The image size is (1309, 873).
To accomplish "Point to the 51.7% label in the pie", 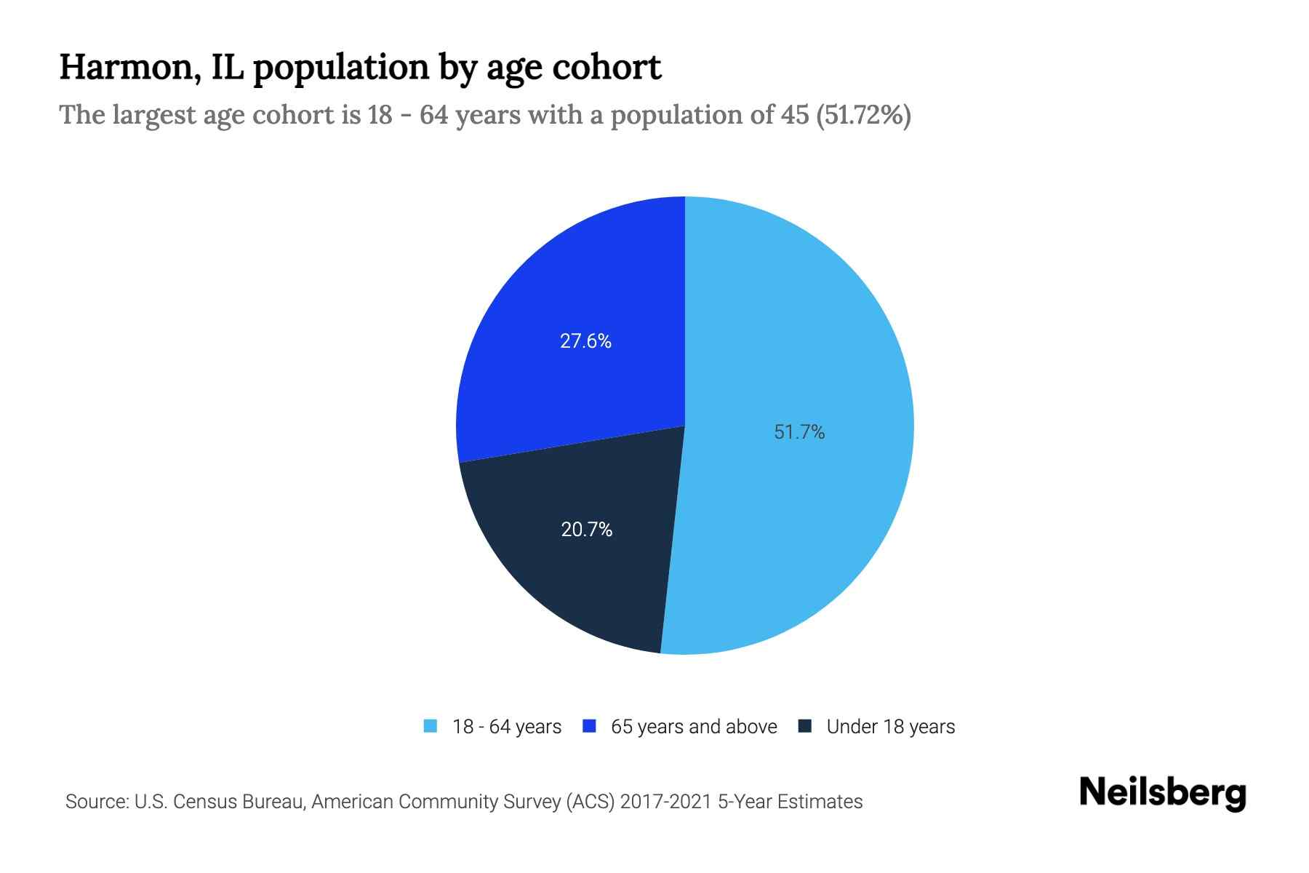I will (799, 432).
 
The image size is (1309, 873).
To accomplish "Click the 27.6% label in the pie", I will (585, 340).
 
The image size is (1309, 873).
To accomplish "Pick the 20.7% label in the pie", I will (586, 530).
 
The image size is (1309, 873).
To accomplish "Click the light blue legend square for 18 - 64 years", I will (431, 726).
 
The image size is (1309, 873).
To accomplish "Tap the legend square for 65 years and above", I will (590, 726).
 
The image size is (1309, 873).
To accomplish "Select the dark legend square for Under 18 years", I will (805, 726).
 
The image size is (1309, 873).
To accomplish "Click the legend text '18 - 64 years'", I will (507, 727).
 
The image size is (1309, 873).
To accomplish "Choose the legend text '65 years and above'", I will (694, 727).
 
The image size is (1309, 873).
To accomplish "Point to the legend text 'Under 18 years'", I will (891, 727).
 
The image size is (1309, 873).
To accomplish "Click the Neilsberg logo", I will (1163, 793).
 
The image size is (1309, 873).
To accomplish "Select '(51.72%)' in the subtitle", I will (863, 115).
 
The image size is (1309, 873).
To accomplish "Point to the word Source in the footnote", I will (95, 802).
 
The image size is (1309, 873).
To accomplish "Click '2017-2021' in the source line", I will (665, 802).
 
